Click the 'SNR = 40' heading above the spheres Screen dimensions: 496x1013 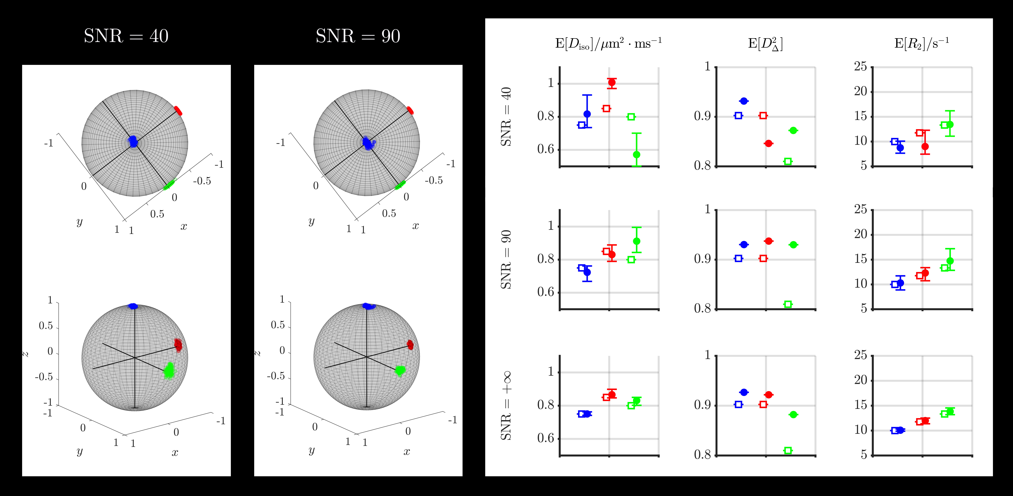click(126, 36)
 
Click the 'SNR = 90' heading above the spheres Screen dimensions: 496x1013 click(358, 36)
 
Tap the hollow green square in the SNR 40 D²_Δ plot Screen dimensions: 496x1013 click(788, 161)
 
